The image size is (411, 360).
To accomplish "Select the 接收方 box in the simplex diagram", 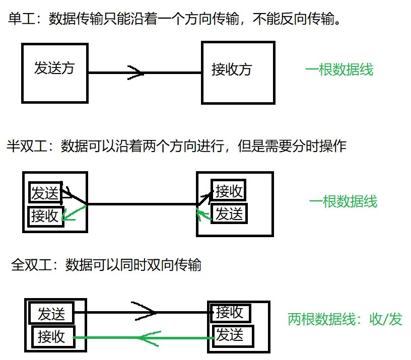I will pyautogui.click(x=238, y=73).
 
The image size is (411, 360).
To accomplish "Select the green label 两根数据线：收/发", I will pyautogui.click(x=345, y=319).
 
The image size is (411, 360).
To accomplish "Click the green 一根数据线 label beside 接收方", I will pyautogui.click(x=339, y=69).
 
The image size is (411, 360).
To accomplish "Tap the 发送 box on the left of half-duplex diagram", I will pyautogui.click(x=45, y=193).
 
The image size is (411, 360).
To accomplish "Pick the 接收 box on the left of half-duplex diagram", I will pyautogui.click(x=45, y=217).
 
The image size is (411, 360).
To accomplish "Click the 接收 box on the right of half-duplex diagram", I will pyautogui.click(x=229, y=191).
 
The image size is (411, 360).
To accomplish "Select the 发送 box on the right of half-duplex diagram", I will pyautogui.click(x=229, y=214).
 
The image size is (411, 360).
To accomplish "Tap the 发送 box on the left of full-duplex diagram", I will pyautogui.click(x=51, y=314).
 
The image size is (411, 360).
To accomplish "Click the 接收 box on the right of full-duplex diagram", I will pyautogui.click(x=230, y=313).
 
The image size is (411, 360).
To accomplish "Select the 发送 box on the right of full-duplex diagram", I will pyautogui.click(x=230, y=334).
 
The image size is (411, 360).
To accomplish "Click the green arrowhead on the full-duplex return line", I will pyautogui.click(x=149, y=337).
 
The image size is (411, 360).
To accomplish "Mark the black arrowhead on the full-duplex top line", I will pyautogui.click(x=146, y=312).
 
